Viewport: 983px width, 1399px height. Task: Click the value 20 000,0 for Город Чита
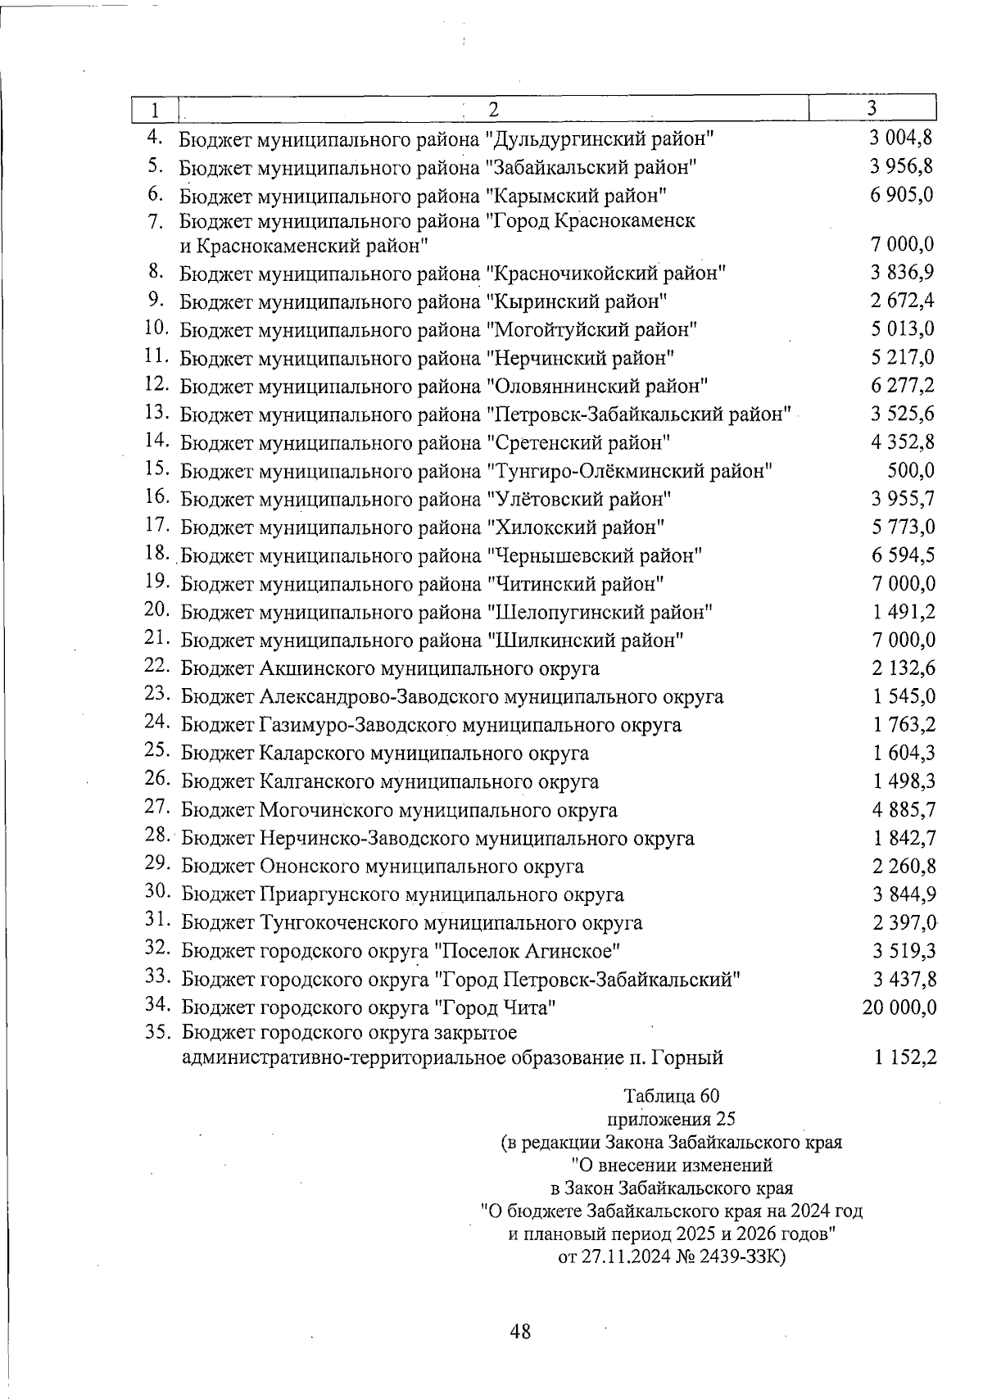pyautogui.click(x=899, y=1007)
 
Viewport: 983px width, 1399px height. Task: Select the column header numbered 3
pyautogui.click(x=872, y=108)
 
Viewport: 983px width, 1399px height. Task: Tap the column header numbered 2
pyautogui.click(x=493, y=109)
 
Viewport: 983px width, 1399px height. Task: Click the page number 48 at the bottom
pyautogui.click(x=520, y=1332)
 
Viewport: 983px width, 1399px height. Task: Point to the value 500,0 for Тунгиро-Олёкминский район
pyautogui.click(x=912, y=471)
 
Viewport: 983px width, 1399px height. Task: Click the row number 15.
pyautogui.click(x=156, y=469)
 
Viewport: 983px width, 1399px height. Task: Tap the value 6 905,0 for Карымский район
pyautogui.click(x=903, y=195)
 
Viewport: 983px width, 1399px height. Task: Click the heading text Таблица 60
pyautogui.click(x=671, y=1096)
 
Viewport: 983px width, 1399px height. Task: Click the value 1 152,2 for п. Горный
pyautogui.click(x=904, y=1057)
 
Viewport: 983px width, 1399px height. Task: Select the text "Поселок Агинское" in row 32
pyautogui.click(x=526, y=951)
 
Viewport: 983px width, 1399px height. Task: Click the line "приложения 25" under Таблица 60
pyautogui.click(x=671, y=1119)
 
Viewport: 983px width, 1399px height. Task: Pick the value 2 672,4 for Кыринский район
pyautogui.click(x=903, y=301)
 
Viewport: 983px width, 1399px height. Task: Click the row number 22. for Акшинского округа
pyautogui.click(x=156, y=667)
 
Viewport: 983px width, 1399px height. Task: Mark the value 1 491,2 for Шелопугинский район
pyautogui.click(x=904, y=612)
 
